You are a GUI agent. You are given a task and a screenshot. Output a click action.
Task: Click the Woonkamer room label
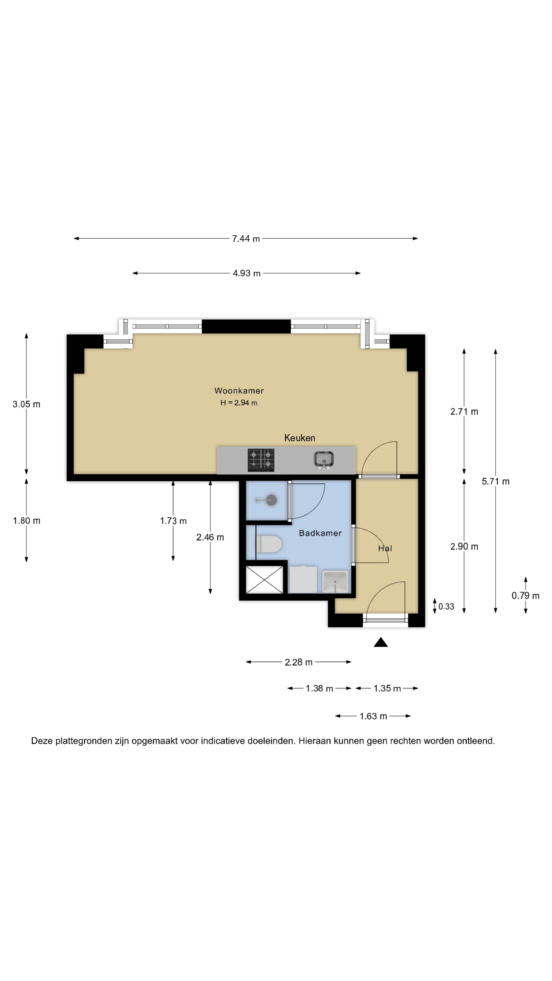coord(239,390)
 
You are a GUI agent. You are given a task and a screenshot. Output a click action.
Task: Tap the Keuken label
coord(300,438)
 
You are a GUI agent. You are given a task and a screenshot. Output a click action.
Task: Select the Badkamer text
coord(320,533)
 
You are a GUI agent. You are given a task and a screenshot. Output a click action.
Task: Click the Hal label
coord(385,548)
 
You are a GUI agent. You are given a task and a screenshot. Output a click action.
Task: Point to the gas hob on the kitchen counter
coord(261,460)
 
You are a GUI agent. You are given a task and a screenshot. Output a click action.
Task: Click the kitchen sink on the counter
coord(324,459)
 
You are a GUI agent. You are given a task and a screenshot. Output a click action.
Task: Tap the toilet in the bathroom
coord(269,544)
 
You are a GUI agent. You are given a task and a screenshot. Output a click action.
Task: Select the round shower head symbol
coord(271,500)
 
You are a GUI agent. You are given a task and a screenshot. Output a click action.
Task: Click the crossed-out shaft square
coord(264,580)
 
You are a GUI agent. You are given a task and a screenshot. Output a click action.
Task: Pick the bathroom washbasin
coord(335,581)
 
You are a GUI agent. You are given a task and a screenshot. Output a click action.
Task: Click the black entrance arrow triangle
coord(381,643)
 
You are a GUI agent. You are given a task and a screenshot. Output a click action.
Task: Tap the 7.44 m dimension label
coord(246,239)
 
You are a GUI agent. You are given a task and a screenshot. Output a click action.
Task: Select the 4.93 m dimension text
coord(246,273)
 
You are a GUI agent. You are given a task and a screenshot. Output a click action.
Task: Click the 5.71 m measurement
coord(495,481)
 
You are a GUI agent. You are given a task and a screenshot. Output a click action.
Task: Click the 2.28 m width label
coord(299,662)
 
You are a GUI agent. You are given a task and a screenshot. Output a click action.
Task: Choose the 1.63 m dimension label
coord(373,716)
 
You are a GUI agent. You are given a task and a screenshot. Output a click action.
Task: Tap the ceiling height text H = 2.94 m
coord(239,403)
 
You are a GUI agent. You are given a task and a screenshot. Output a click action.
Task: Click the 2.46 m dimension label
coord(210,537)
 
